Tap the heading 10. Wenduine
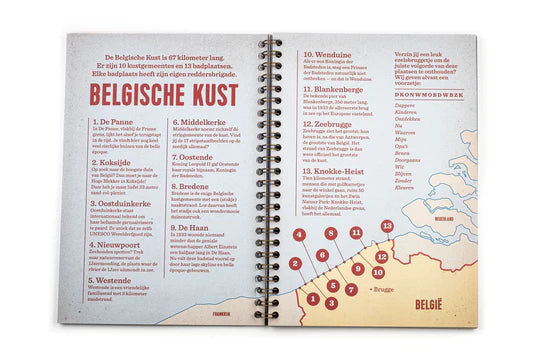click(330, 54)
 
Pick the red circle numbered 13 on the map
click(387, 227)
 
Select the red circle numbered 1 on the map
click(313, 298)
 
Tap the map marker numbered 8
click(330, 233)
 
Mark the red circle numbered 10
click(379, 272)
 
